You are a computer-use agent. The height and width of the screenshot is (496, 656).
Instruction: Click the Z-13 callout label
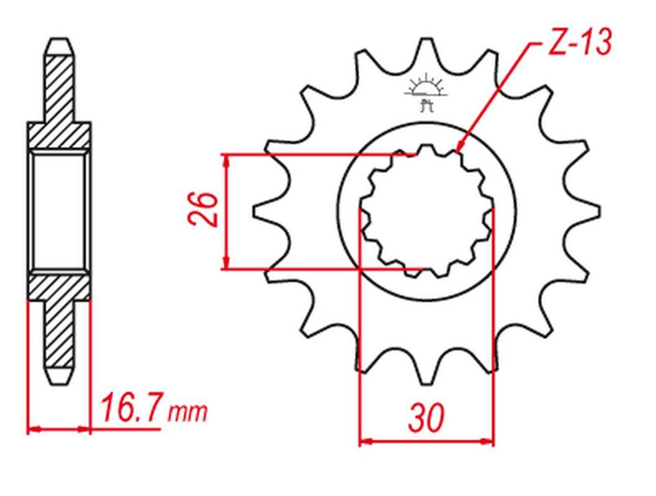[x=580, y=42]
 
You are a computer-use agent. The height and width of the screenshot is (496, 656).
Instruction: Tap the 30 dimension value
[x=426, y=417]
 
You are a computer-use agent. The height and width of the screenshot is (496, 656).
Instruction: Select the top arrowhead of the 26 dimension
[x=227, y=160]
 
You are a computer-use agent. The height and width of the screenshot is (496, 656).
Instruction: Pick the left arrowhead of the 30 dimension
[x=366, y=441]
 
